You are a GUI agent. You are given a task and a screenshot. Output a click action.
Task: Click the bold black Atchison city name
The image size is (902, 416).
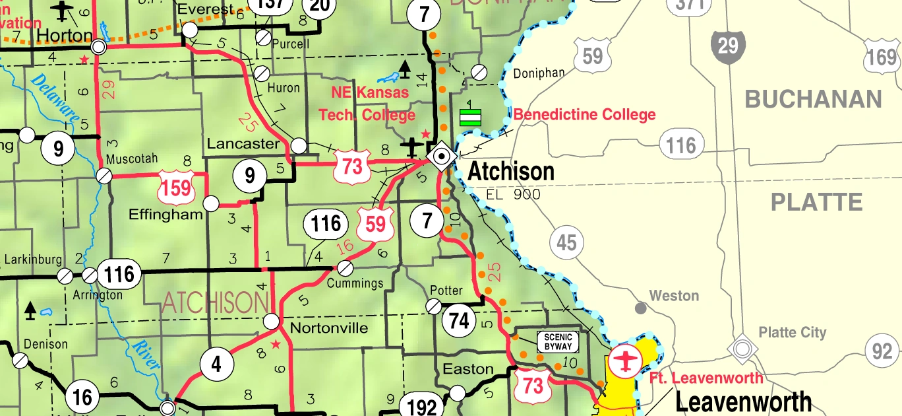tap(511, 172)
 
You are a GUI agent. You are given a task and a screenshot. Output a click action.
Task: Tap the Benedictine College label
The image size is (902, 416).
tap(584, 115)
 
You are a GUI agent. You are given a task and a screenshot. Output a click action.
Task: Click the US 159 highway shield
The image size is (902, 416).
tap(176, 187)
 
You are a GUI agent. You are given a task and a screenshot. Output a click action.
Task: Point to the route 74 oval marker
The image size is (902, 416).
tap(459, 320)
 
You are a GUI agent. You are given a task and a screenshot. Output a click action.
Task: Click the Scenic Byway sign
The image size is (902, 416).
tap(558, 342)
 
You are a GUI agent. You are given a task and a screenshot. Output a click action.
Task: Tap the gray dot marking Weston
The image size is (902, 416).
tap(640, 308)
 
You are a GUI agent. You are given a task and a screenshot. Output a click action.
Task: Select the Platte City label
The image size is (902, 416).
tap(792, 332)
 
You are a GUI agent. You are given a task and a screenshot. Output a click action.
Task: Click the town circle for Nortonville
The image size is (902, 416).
tap(271, 322)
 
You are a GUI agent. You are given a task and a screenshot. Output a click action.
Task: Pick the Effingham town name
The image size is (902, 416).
tap(165, 215)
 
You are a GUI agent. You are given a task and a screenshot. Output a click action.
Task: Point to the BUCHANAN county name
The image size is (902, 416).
tap(813, 100)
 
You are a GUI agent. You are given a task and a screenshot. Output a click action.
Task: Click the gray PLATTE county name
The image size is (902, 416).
tap(816, 202)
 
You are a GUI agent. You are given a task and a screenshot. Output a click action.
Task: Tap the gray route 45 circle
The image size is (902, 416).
tap(566, 243)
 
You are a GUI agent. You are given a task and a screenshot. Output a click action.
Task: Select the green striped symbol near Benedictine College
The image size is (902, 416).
tap(469, 117)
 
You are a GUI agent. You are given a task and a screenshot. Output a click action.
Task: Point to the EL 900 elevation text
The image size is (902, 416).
tap(513, 194)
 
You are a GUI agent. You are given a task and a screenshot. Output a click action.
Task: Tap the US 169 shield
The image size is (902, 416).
tap(882, 57)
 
